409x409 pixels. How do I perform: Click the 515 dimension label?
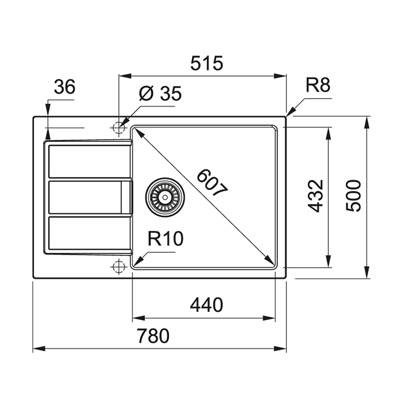tap(207, 63)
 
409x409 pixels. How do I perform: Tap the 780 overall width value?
tap(153, 336)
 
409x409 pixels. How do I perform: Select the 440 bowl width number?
tap(207, 305)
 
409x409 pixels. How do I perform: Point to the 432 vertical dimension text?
tap(315, 196)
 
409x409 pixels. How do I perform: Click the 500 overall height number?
tap(354, 196)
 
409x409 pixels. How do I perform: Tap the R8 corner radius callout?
tap(317, 86)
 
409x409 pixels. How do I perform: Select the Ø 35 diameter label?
tap(160, 94)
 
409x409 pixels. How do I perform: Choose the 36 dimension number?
tap(65, 87)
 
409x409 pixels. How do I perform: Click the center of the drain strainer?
tap(165, 197)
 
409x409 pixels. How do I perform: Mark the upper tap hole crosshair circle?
tap(119, 128)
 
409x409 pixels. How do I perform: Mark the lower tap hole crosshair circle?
tap(119, 267)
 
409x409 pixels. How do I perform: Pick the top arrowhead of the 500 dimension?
tap(366, 121)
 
